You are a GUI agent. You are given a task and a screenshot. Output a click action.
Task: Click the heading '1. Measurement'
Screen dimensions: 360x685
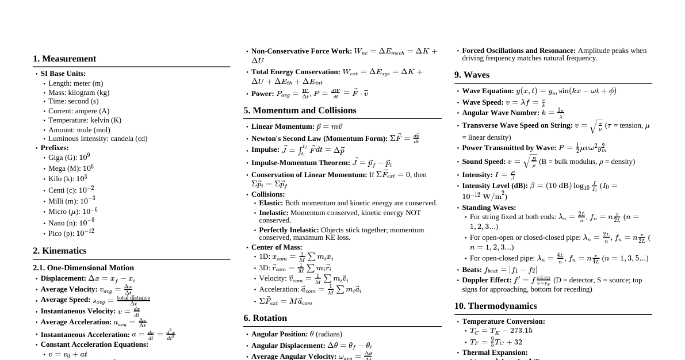coord(64,59)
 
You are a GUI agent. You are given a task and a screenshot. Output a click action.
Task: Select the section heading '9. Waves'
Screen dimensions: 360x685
coord(472,75)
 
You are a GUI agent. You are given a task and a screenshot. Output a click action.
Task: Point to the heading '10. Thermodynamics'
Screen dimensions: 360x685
coord(495,306)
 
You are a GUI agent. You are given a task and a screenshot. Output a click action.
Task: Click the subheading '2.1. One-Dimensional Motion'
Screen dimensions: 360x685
coord(83,267)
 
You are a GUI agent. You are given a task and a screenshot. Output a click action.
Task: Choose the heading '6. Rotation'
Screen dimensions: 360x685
coord(265,318)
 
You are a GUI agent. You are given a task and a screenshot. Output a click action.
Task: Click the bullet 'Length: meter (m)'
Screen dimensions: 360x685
coord(76,83)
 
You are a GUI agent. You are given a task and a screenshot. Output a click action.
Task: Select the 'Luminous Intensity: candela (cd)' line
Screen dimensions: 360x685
coord(98,139)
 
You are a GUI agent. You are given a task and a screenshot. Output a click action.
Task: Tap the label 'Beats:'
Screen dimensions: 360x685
coord(472,270)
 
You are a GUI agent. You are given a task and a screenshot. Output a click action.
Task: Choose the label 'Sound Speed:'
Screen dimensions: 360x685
coord(483,162)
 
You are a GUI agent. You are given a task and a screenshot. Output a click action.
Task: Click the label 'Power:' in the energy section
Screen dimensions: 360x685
coord(263,94)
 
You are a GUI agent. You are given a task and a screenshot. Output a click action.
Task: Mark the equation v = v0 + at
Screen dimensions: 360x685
coord(68,354)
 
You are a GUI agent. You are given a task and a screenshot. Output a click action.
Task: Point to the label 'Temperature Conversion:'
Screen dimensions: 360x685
coord(503,321)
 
